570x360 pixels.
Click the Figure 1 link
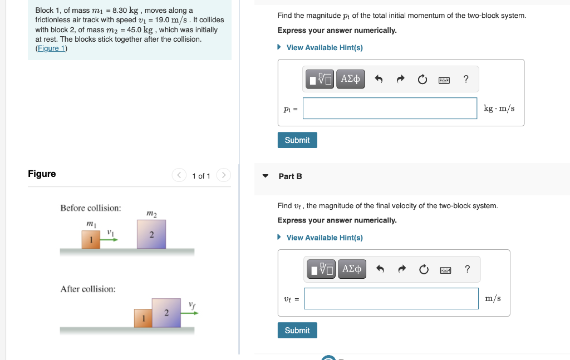(51, 48)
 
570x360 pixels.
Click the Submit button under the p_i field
(297, 140)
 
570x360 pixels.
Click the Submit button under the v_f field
(297, 331)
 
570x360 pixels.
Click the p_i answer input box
(390, 109)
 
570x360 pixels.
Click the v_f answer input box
(391, 299)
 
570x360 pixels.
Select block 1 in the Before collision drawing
(91, 240)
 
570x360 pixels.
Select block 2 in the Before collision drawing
(151, 234)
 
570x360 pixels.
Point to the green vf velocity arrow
(190, 313)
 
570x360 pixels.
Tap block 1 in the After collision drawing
(143, 318)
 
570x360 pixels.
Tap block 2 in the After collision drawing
(166, 313)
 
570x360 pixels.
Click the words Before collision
(91, 208)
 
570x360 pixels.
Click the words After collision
(88, 289)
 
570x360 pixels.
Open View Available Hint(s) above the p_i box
(324, 48)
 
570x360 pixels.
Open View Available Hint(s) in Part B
(324, 238)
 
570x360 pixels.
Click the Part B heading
(290, 176)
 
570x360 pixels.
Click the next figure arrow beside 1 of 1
(223, 176)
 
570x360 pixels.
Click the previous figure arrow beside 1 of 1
(179, 176)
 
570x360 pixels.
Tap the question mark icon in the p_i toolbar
(466, 80)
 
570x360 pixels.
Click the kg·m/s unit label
(499, 109)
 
